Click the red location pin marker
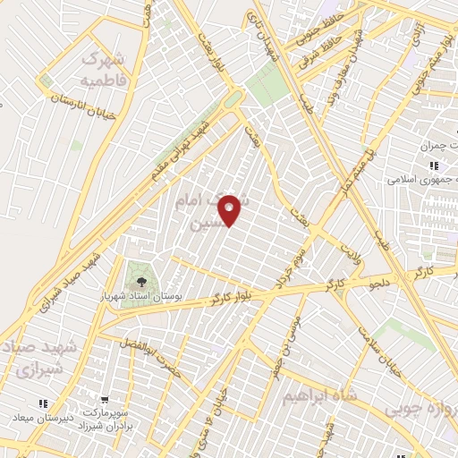tap(230, 210)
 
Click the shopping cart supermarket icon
tap(105, 400)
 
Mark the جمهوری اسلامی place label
tap(420, 179)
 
